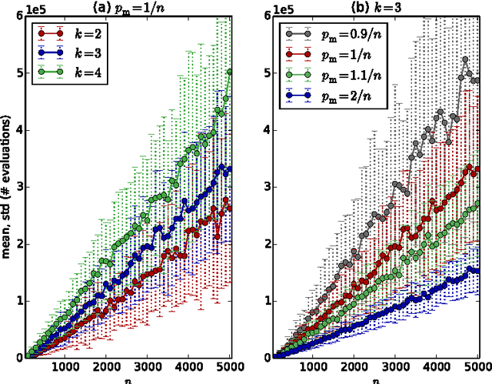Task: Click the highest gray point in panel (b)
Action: pos(465,60)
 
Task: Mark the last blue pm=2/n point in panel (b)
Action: pos(476,271)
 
